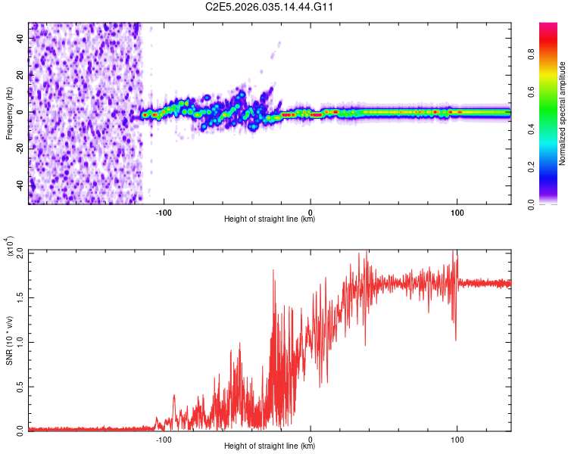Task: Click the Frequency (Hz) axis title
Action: pos(9,113)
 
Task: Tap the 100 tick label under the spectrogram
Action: pos(457,213)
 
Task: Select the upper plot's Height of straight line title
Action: pos(270,219)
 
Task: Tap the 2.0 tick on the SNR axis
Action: pos(20,251)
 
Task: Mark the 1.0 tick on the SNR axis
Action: pos(20,340)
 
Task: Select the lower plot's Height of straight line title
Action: pos(270,446)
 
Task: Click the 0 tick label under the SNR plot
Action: pos(311,439)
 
